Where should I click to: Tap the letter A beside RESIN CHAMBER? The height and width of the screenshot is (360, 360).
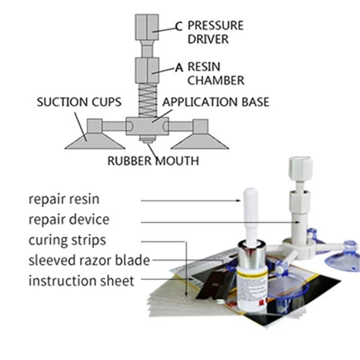tap(179, 68)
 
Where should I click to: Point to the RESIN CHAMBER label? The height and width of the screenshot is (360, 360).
tap(216, 74)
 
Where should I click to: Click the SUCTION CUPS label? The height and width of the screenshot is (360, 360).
tap(79, 102)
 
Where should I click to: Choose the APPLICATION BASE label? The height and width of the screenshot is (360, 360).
tap(216, 102)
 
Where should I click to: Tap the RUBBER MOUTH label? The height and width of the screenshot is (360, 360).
tap(153, 160)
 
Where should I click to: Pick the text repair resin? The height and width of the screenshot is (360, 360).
tap(63, 199)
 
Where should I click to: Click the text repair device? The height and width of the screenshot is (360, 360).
tap(68, 220)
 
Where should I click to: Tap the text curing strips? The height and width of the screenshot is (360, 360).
tap(67, 240)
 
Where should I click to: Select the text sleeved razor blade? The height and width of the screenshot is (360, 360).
tap(89, 260)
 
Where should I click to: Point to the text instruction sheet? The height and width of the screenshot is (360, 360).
tap(81, 281)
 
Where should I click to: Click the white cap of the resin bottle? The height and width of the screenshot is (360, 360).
tap(251, 211)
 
